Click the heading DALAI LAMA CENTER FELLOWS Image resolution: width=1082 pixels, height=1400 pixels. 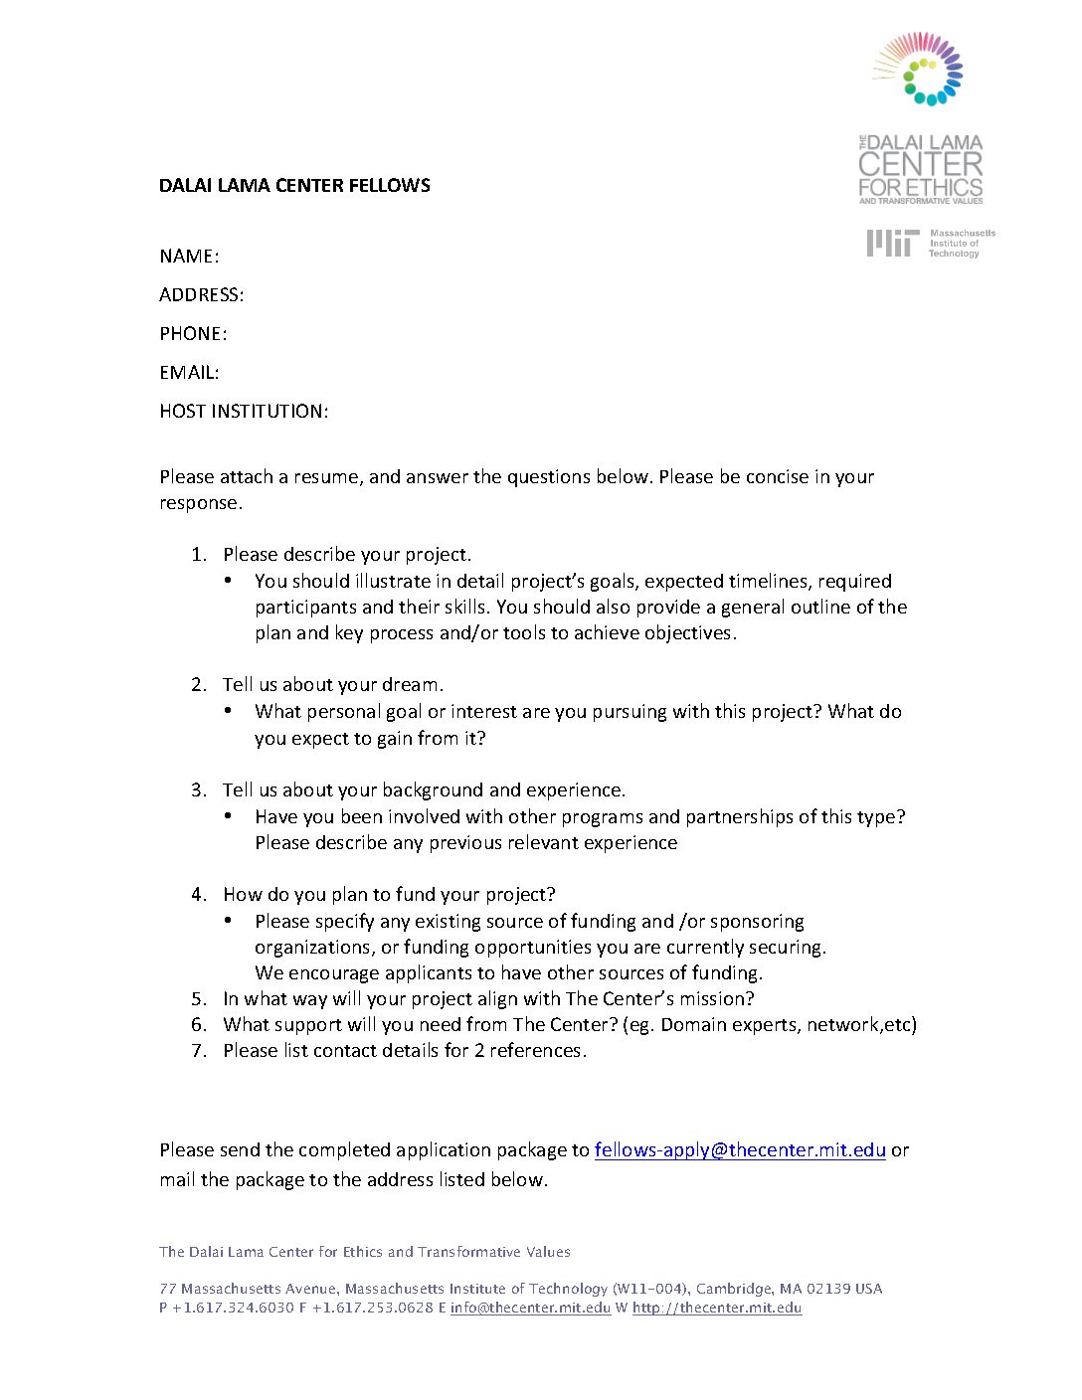(294, 185)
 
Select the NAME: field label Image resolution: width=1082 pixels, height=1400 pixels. (189, 257)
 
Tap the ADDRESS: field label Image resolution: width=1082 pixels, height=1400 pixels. (201, 295)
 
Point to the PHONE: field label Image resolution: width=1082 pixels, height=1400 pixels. (193, 334)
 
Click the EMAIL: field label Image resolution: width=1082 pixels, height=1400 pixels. (189, 373)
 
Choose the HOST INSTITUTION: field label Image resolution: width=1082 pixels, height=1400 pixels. (244, 412)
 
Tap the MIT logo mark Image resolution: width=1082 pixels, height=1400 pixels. (891, 243)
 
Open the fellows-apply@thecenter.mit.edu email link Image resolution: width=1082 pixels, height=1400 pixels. (740, 1150)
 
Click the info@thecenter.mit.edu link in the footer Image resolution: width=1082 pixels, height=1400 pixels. (530, 1308)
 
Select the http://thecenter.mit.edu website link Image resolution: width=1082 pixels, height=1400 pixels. (717, 1308)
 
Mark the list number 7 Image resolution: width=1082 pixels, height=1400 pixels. (198, 1051)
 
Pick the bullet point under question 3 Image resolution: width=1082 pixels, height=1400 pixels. (228, 816)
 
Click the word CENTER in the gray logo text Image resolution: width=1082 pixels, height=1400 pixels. (921, 165)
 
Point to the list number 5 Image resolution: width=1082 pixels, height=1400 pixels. (198, 999)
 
